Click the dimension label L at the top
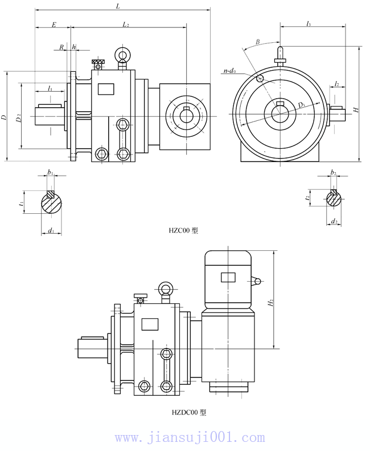click(117, 5)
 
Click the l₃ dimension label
click(308, 23)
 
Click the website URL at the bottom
click(190, 438)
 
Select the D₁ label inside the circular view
click(301, 104)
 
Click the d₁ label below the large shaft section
click(51, 230)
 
